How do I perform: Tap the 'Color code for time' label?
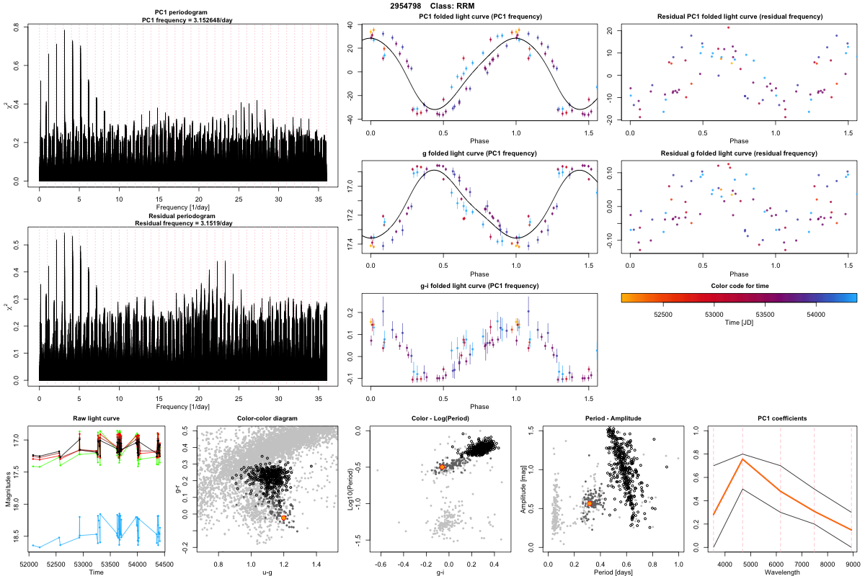[x=739, y=286]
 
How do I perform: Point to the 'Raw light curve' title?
[x=96, y=419]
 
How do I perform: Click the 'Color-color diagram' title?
[x=267, y=419]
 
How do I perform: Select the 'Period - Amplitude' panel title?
[x=611, y=419]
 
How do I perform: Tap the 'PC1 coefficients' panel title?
[x=782, y=419]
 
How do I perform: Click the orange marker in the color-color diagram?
[x=284, y=518]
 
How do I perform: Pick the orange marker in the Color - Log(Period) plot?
[x=442, y=467]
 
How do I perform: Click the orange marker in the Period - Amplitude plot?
[x=590, y=503]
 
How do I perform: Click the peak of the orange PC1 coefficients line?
[x=742, y=459]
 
